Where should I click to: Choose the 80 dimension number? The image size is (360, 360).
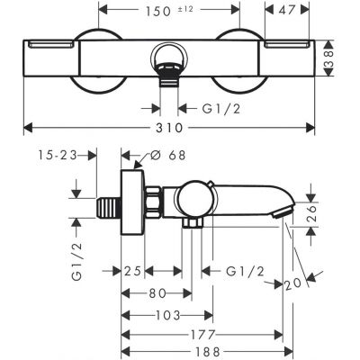pyautogui.click(x=156, y=292)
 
